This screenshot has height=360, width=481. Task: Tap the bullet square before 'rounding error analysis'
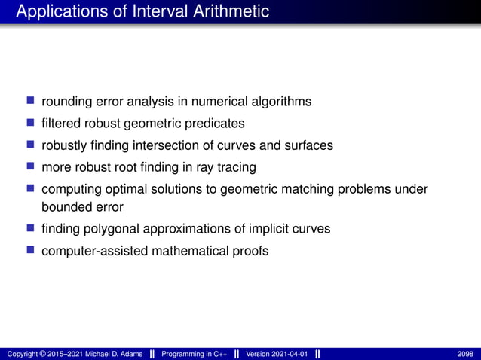tap(31, 101)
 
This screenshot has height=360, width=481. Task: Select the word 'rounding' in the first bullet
tap(66, 102)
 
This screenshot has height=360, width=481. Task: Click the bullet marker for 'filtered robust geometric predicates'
tap(31, 122)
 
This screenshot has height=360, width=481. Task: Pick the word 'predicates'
tap(217, 123)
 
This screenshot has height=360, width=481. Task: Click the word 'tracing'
tap(235, 166)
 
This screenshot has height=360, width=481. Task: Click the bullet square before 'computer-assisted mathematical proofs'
tap(31, 249)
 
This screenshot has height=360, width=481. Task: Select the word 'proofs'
tap(250, 250)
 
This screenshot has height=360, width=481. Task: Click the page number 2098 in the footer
tap(465, 354)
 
